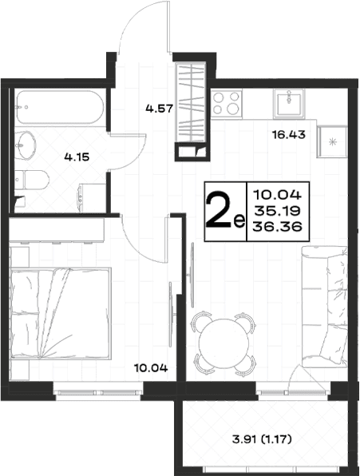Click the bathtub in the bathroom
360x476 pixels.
[x=60, y=107]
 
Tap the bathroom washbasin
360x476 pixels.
[x=26, y=145]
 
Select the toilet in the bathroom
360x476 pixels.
[x=32, y=180]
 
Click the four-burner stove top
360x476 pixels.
[x=227, y=103]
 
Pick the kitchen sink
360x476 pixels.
[x=288, y=103]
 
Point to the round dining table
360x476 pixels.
[x=224, y=343]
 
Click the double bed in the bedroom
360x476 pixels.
[x=60, y=313]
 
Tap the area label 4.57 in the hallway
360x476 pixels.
[x=159, y=109]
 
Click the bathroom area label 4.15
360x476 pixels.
[x=77, y=157]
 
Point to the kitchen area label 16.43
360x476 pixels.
[x=289, y=134]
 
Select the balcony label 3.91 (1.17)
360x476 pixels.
[x=262, y=439]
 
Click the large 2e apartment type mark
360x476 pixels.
[x=225, y=212]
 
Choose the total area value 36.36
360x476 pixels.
[x=277, y=226]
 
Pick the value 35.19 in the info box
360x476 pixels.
[x=277, y=210]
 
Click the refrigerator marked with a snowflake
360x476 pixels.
[x=332, y=142]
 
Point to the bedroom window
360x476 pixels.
[x=98, y=392]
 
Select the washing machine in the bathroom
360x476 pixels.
[x=92, y=197]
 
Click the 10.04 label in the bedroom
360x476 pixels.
[x=151, y=368]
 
